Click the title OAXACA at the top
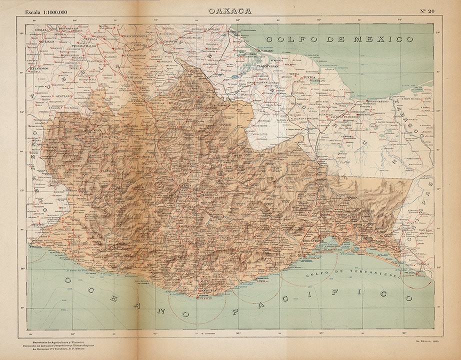click(x=230, y=10)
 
